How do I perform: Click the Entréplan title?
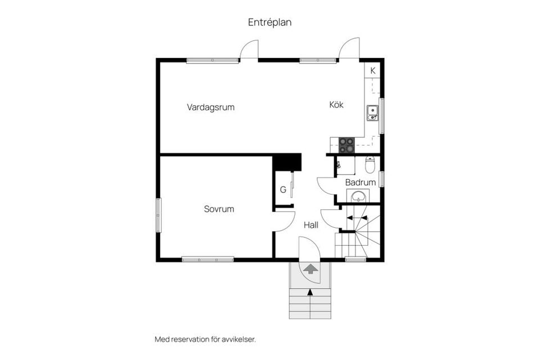269,22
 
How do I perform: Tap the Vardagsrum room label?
210,107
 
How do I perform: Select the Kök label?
336,105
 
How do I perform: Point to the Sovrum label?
219,209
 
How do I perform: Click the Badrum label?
360,182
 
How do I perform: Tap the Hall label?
311,224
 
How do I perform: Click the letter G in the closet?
283,190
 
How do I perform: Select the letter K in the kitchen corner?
372,70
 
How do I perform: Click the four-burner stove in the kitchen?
346,145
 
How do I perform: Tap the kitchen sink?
372,113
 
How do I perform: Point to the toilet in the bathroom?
370,164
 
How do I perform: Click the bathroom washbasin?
358,196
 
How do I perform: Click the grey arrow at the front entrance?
310,269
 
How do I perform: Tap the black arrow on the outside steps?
310,291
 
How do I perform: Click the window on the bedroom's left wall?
158,215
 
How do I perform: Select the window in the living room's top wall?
213,60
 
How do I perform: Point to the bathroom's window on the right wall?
381,178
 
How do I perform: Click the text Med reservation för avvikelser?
205,339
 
